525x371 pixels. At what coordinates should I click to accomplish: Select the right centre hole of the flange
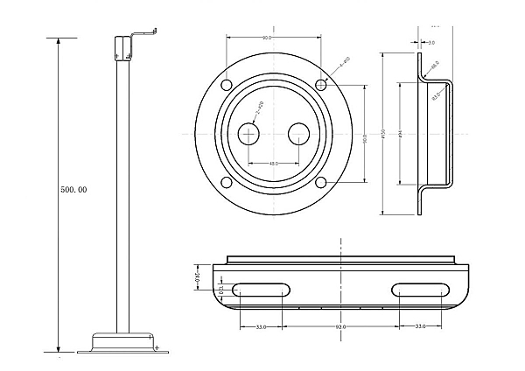click(298, 133)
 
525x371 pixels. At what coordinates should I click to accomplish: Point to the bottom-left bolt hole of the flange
click(227, 182)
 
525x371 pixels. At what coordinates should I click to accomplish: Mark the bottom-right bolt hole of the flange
click(321, 182)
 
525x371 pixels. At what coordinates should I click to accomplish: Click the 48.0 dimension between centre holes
click(274, 164)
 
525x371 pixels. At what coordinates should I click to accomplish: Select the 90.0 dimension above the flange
click(266, 38)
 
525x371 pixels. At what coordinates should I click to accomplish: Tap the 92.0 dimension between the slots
click(340, 327)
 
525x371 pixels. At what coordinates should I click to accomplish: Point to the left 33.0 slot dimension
click(261, 327)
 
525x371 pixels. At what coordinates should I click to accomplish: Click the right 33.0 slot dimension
click(420, 327)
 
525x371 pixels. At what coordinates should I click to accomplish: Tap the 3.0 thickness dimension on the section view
click(431, 41)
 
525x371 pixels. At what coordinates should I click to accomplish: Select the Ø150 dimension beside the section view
click(385, 136)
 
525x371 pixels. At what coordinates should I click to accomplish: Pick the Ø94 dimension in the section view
click(400, 136)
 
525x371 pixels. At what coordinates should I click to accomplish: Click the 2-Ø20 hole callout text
click(259, 109)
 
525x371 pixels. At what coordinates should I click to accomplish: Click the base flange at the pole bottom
click(122, 343)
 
